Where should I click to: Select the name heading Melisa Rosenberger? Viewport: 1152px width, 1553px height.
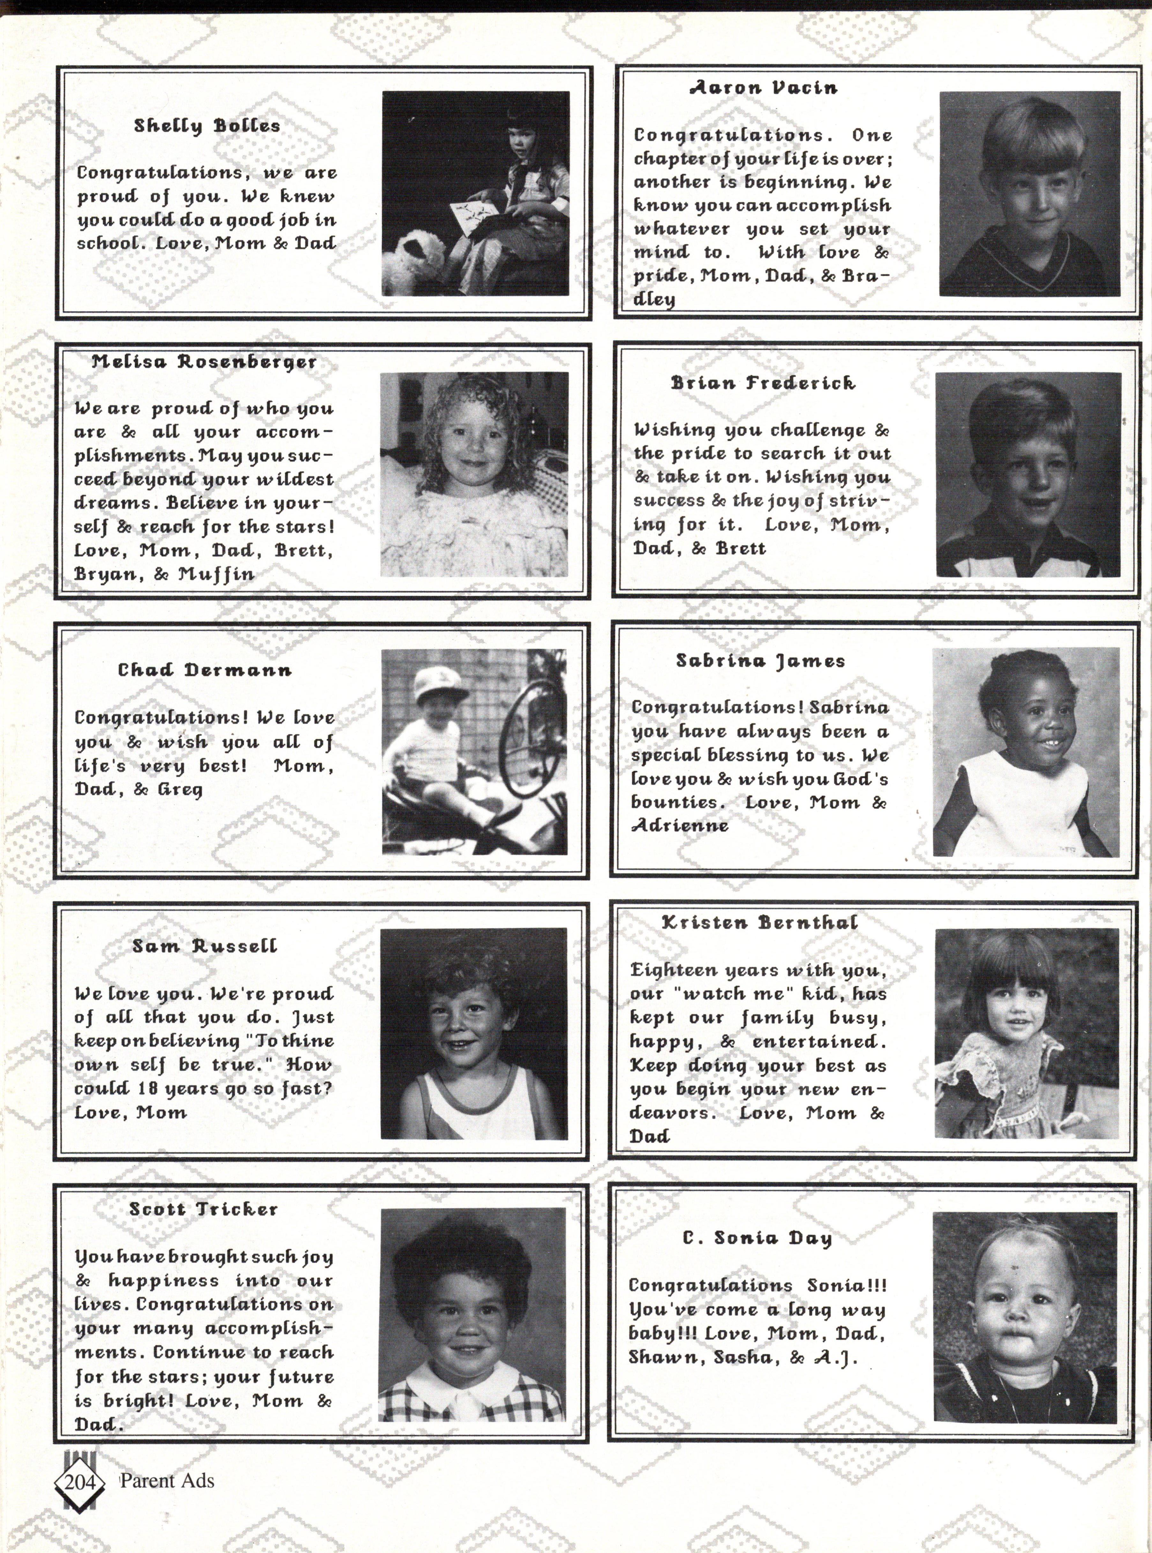tap(204, 362)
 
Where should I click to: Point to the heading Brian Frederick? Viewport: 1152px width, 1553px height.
tap(763, 383)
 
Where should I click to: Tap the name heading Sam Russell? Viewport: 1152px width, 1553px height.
tap(204, 946)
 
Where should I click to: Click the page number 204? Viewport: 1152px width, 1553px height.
tap(79, 1481)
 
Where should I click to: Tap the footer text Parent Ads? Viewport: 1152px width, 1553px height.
tap(167, 1481)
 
